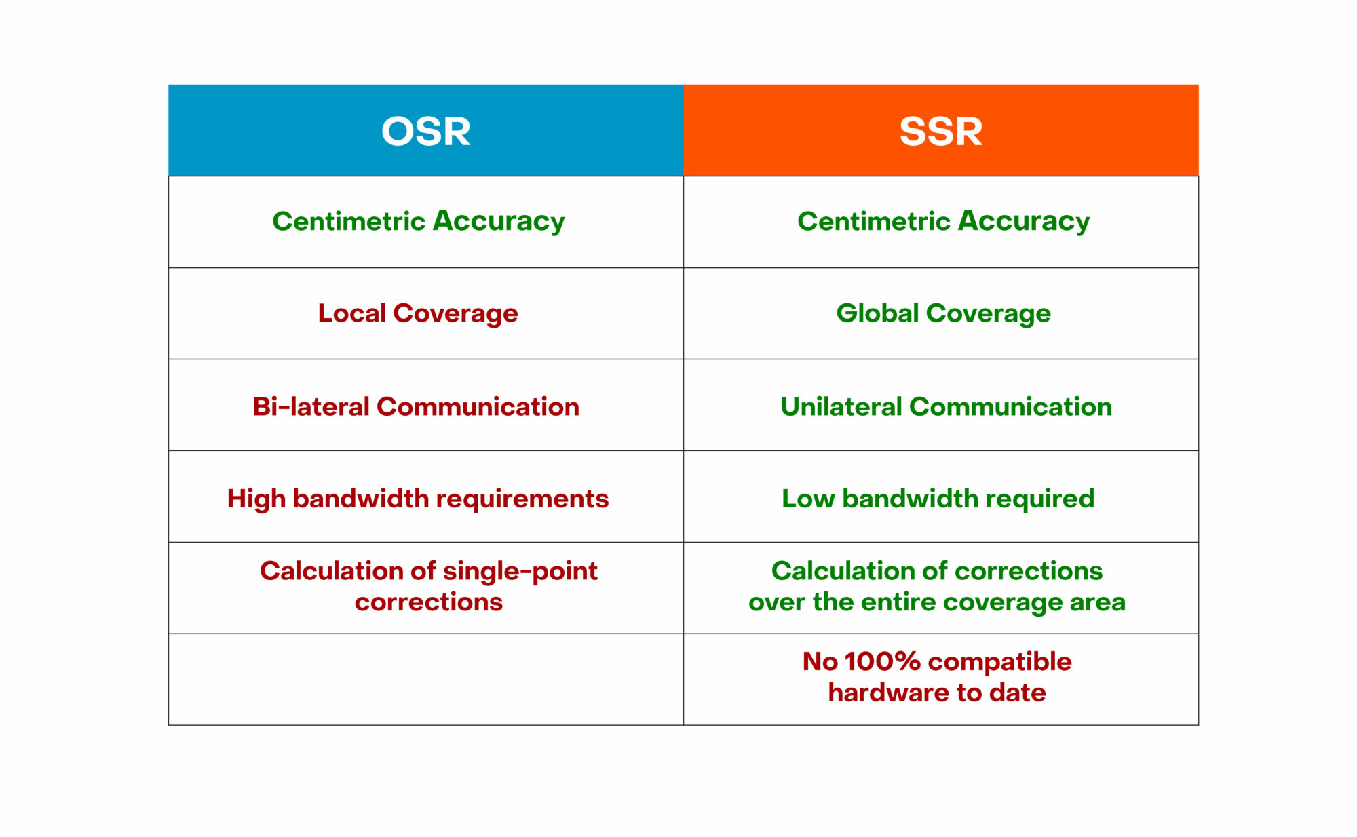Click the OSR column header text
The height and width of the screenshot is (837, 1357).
click(425, 131)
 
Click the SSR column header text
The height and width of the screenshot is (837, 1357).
click(941, 131)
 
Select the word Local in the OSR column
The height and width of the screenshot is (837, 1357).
click(352, 313)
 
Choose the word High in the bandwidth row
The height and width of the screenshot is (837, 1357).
click(256, 499)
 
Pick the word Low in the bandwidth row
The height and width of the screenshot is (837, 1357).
click(808, 499)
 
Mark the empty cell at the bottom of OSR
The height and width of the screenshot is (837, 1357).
click(426, 679)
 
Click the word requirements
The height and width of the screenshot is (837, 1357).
click(522, 499)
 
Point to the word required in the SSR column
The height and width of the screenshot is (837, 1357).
click(1039, 499)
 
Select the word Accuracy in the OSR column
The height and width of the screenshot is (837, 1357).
click(499, 222)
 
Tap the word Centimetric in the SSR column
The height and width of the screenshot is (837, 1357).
click(874, 220)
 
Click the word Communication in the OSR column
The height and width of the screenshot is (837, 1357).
click(478, 406)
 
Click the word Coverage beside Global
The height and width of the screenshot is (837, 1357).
click(989, 314)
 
